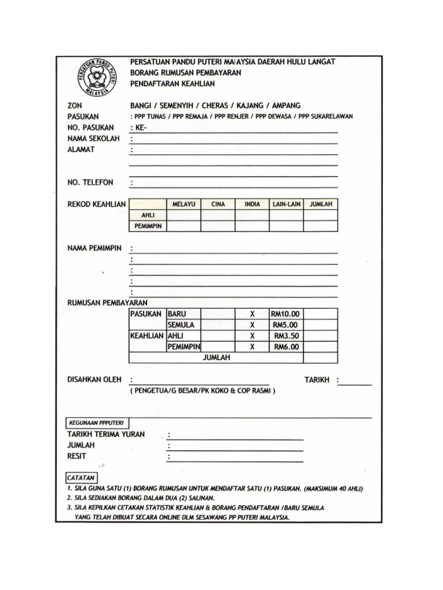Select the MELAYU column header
(x=183, y=204)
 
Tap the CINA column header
(x=218, y=204)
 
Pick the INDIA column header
(x=252, y=204)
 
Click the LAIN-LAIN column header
(x=287, y=204)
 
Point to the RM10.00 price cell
(x=286, y=314)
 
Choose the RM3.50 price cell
(x=286, y=336)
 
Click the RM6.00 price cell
(x=286, y=347)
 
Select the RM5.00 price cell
(x=286, y=325)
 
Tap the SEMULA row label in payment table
(x=181, y=325)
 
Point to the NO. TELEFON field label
(x=91, y=183)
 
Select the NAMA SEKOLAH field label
(x=94, y=138)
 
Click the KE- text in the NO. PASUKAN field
(x=141, y=127)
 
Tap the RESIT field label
(x=77, y=456)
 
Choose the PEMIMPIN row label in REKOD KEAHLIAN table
(x=148, y=226)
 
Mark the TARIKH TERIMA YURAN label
(x=106, y=434)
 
